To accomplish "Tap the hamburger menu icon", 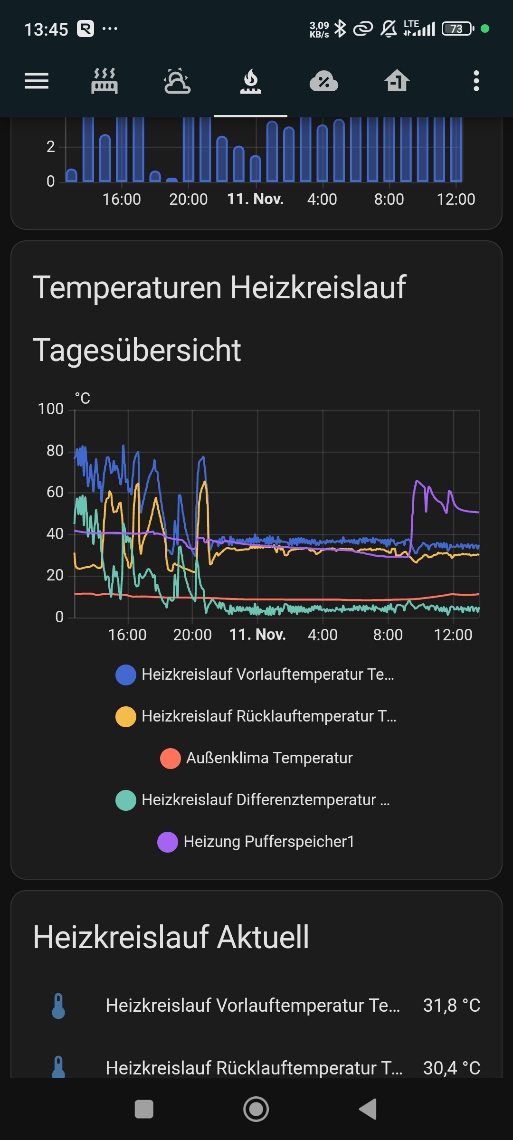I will click(x=37, y=81).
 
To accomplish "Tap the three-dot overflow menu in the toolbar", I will click(x=476, y=81).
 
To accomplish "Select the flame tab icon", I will click(x=251, y=81).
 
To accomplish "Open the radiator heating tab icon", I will click(x=104, y=81).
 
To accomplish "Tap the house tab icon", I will click(x=397, y=81).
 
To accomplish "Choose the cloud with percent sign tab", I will click(x=323, y=81).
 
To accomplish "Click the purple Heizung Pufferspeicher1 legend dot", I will click(x=168, y=842).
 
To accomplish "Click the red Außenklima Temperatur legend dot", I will click(x=171, y=759).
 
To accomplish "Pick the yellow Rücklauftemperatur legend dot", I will click(x=126, y=717).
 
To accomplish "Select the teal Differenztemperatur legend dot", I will click(x=126, y=800).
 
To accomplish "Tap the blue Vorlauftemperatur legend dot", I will click(x=126, y=675).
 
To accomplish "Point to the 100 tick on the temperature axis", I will click(x=50, y=409).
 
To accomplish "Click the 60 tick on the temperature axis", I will click(x=55, y=492).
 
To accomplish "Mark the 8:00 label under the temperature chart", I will click(x=388, y=635).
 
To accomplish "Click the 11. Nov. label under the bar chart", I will click(x=256, y=199).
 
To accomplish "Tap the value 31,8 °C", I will click(x=451, y=1006).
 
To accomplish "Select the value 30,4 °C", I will click(x=451, y=1068).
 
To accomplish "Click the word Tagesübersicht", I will click(x=137, y=351).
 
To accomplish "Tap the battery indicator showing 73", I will click(x=457, y=29).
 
